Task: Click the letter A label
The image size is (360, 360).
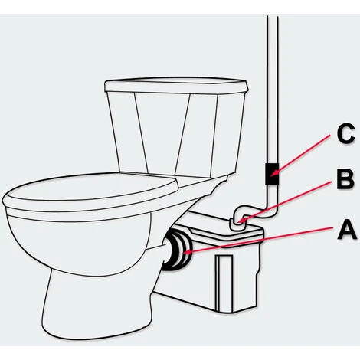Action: coord(347,231)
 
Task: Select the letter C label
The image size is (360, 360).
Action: coord(345,133)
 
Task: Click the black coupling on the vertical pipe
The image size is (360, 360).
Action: coord(272,174)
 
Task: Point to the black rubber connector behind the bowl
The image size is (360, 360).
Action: coord(177,250)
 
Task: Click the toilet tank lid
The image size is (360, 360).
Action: coord(176,86)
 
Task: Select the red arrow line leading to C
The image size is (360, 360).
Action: coord(300,155)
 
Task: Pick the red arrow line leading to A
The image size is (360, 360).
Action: coord(260,240)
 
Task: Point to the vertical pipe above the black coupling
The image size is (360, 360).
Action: coord(272,90)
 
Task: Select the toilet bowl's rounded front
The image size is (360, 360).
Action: coord(77,243)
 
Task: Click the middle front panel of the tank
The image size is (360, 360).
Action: coord(162,133)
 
